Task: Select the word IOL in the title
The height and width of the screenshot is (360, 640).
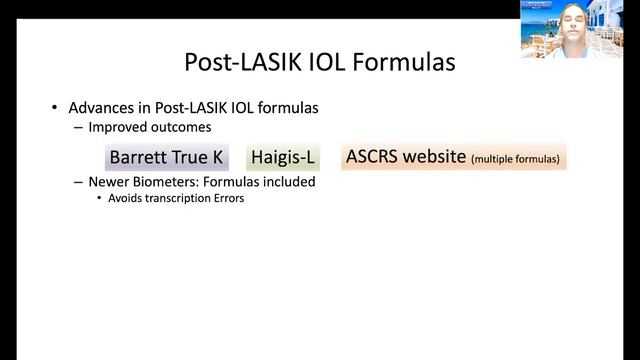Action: pyautogui.click(x=319, y=62)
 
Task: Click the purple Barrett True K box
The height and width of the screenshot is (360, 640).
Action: pyautogui.click(x=167, y=157)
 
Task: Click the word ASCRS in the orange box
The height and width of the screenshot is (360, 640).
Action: pyautogui.click(x=373, y=156)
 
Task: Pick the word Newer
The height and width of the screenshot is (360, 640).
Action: pyautogui.click(x=110, y=182)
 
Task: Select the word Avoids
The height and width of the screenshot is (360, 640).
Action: pyautogui.click(x=126, y=198)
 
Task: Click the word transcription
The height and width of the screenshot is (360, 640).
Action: pyautogui.click(x=179, y=198)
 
